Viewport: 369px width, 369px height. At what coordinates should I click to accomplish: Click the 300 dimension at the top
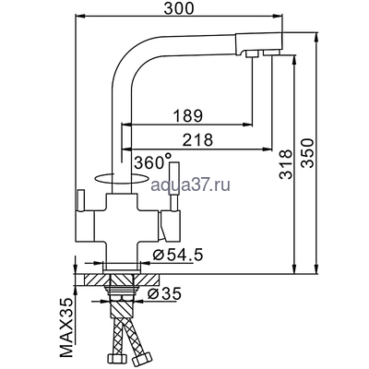(x=175, y=8)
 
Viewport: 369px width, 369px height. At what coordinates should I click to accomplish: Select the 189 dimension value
(x=188, y=116)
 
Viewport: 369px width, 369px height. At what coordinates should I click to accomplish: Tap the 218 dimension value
(x=198, y=140)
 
